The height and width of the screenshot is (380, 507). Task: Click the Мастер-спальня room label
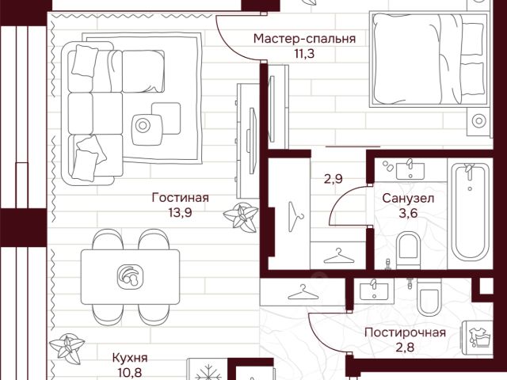[304, 39]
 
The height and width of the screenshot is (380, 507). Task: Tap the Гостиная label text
[181, 197]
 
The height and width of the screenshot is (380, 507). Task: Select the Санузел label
[408, 199]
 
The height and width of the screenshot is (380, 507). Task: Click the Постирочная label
[405, 332]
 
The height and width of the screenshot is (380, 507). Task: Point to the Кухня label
[130, 358]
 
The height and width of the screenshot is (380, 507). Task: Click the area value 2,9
[334, 179]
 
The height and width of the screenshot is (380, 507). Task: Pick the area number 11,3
[304, 53]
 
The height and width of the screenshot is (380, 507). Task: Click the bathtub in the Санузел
[470, 212]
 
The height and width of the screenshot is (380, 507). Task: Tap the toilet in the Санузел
[408, 250]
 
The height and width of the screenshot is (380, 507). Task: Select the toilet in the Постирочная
[429, 297]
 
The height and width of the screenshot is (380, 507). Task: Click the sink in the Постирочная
[374, 291]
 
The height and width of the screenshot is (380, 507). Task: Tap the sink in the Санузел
[410, 170]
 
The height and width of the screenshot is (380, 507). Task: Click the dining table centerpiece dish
[130, 277]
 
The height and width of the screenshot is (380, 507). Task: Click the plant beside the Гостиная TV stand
[241, 217]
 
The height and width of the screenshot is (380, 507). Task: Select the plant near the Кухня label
[67, 348]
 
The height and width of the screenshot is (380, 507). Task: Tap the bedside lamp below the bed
[478, 121]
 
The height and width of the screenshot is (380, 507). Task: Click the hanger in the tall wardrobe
[295, 216]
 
